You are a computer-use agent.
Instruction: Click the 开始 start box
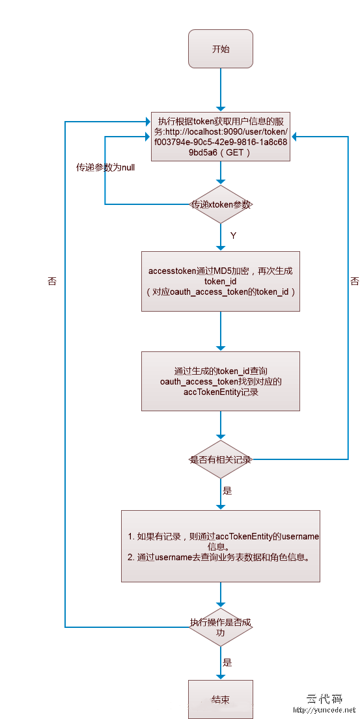[221, 49]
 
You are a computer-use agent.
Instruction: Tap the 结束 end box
[221, 699]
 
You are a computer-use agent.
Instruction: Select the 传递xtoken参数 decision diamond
[221, 204]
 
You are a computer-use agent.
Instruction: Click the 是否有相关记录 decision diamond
[221, 459]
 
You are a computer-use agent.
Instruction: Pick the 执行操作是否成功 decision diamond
[221, 627]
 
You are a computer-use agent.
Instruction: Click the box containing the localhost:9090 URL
[221, 137]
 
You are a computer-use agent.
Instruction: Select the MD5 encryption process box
[221, 281]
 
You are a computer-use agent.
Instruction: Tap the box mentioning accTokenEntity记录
[221, 381]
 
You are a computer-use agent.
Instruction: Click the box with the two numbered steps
[221, 546]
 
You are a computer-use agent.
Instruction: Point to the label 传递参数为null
[105, 168]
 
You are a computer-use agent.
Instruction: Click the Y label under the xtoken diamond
[233, 236]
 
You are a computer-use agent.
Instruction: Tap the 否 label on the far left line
[52, 281]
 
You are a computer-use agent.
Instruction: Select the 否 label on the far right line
[355, 281]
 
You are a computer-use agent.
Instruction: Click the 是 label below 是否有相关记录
[227, 491]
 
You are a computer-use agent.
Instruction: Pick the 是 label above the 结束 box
[227, 662]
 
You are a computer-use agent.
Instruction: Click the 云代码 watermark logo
[324, 699]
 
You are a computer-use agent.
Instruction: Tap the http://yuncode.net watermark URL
[324, 711]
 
